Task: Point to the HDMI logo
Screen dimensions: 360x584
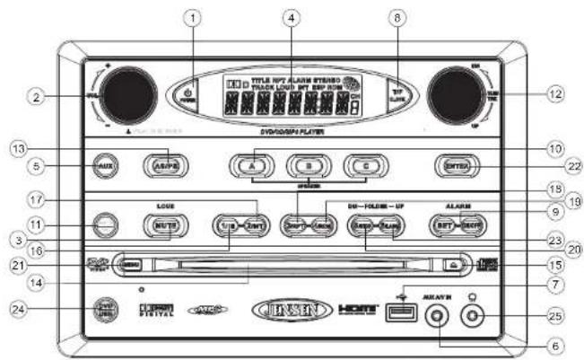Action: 358,310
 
